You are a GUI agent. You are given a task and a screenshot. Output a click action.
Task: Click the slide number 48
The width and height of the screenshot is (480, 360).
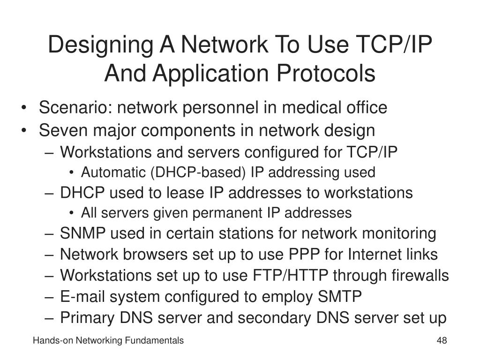[441, 341]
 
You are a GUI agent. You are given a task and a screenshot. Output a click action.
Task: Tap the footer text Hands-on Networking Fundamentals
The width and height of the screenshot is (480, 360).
[108, 341]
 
